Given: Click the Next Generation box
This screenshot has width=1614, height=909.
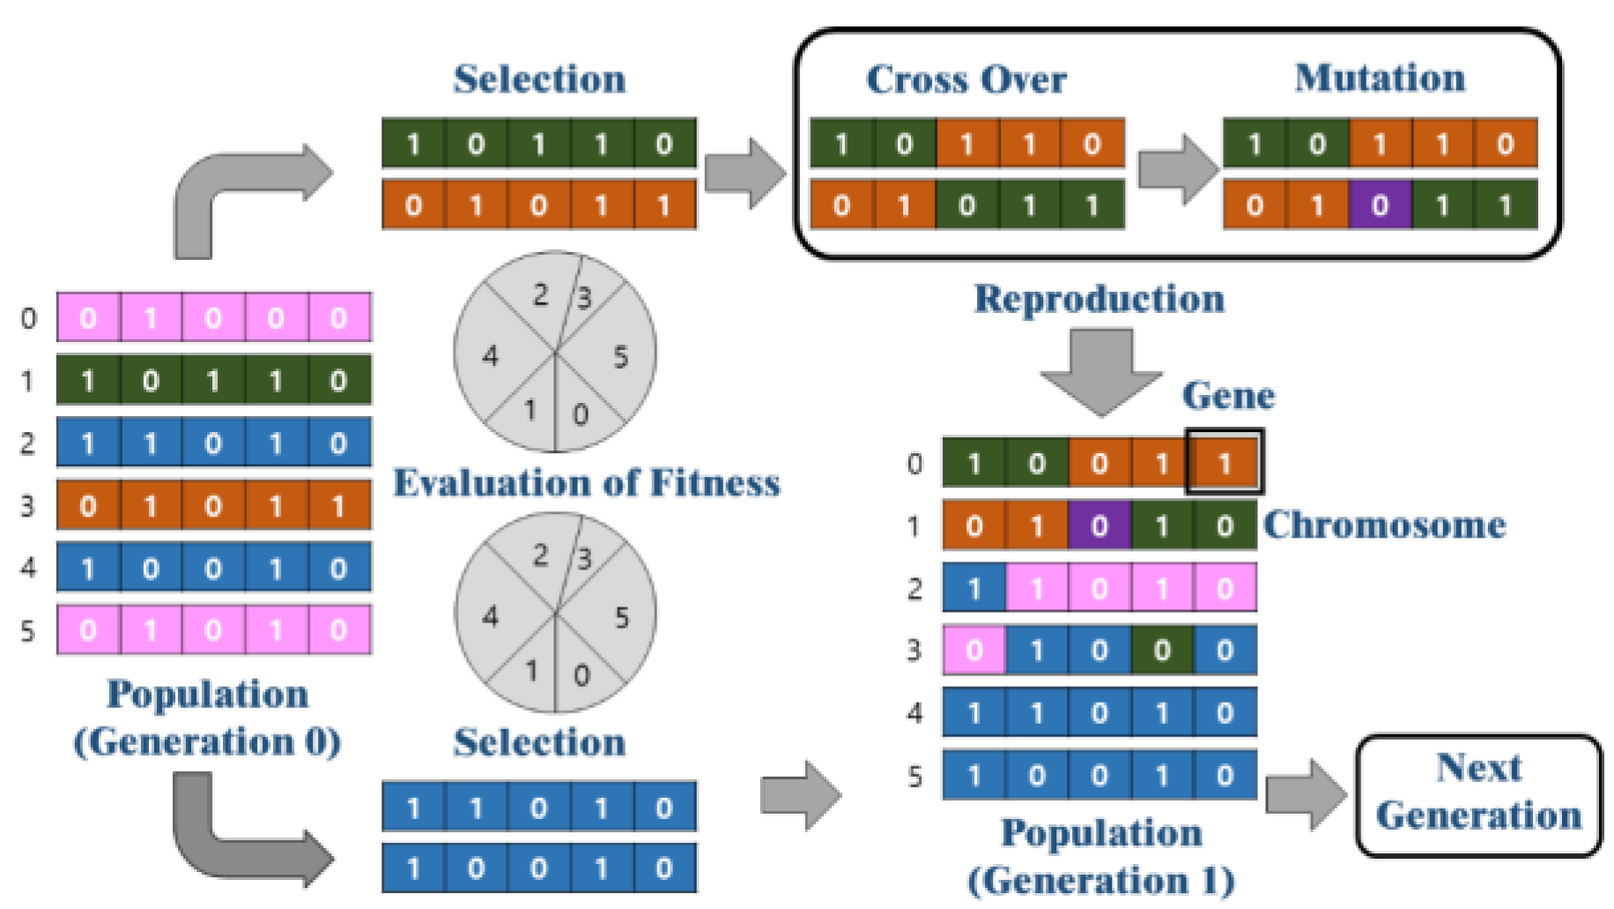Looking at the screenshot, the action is pyautogui.click(x=1478, y=794).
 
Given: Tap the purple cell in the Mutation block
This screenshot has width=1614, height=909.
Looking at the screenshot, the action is pyautogui.click(x=1380, y=205).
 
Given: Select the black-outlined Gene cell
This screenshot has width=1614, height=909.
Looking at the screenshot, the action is pyautogui.click(x=1225, y=462).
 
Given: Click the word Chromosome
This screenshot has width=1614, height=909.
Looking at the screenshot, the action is pyautogui.click(x=1384, y=525).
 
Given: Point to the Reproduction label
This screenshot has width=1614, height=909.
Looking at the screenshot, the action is pyautogui.click(x=1099, y=299).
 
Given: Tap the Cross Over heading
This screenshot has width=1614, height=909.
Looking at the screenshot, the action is pyautogui.click(x=966, y=79).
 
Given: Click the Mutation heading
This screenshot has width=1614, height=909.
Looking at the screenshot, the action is pyautogui.click(x=1380, y=78).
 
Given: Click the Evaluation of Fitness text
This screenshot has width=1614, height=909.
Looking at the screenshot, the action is pyautogui.click(x=586, y=483).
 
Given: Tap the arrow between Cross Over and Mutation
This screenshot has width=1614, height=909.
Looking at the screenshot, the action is pyautogui.click(x=1176, y=169).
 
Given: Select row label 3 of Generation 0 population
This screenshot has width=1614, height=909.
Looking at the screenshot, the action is pyautogui.click(x=28, y=506).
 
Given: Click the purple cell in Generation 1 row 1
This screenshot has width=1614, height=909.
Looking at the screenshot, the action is pyautogui.click(x=1099, y=525).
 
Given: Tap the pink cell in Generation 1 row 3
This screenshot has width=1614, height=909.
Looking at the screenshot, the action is pyautogui.click(x=974, y=651).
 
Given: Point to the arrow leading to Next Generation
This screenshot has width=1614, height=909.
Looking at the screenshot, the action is pyautogui.click(x=1304, y=794).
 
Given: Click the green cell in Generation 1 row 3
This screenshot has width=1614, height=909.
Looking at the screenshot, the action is pyautogui.click(x=1161, y=651).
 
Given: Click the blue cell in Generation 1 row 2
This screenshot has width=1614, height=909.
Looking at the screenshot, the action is pyautogui.click(x=974, y=588).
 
